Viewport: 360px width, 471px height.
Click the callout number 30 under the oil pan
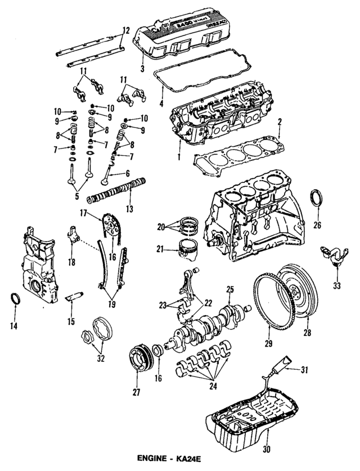click(267, 450)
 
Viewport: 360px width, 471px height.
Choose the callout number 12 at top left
click(125, 29)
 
